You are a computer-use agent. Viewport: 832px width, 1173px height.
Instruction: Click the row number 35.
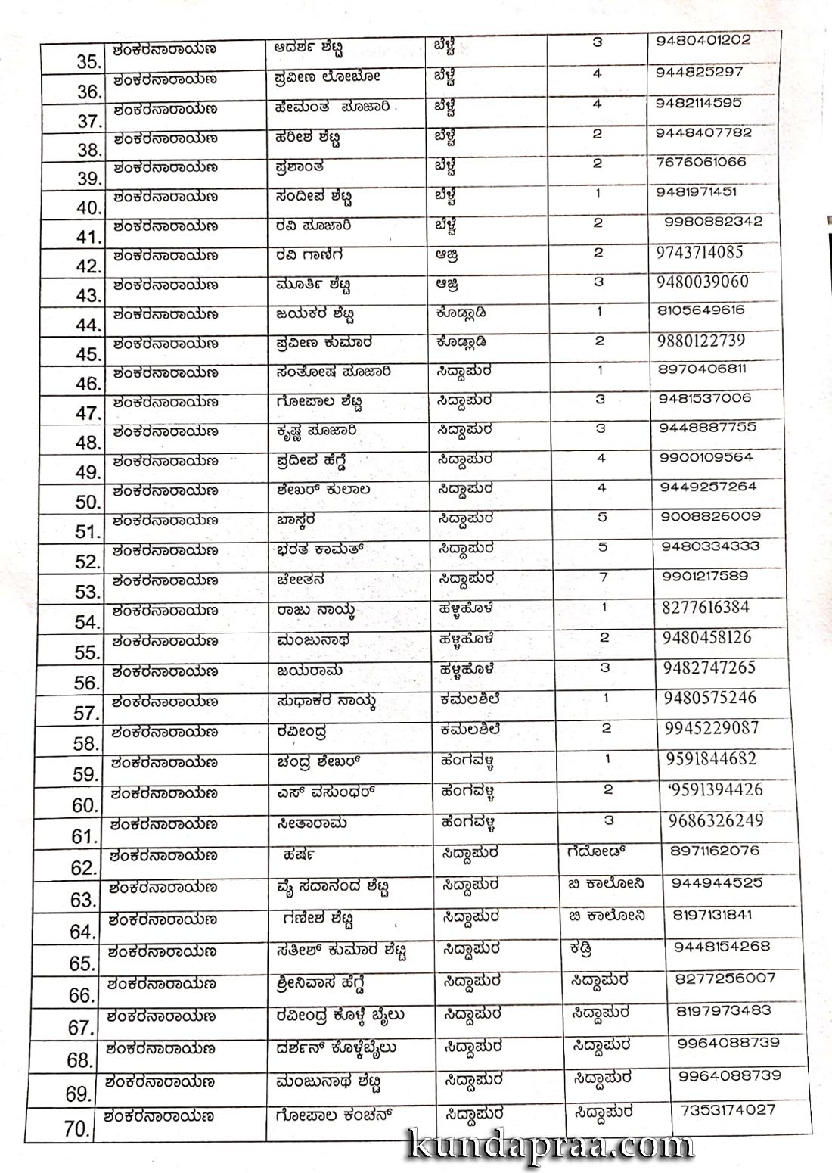tap(88, 62)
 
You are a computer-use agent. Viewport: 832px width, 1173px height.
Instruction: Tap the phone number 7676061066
tap(700, 162)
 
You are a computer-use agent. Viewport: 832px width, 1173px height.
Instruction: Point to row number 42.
tap(88, 266)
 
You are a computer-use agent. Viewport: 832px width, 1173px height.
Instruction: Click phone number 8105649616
tap(701, 310)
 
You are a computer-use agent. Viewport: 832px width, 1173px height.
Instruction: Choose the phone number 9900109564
tap(706, 457)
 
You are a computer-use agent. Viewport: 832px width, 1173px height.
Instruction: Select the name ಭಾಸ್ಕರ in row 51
tap(296, 520)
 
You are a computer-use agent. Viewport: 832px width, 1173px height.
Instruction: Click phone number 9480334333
tap(710, 546)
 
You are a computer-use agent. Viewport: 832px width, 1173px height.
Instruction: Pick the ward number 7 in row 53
tap(603, 577)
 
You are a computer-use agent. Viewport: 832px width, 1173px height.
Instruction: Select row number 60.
tap(85, 806)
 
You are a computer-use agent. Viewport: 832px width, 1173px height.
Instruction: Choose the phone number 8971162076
tap(715, 851)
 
